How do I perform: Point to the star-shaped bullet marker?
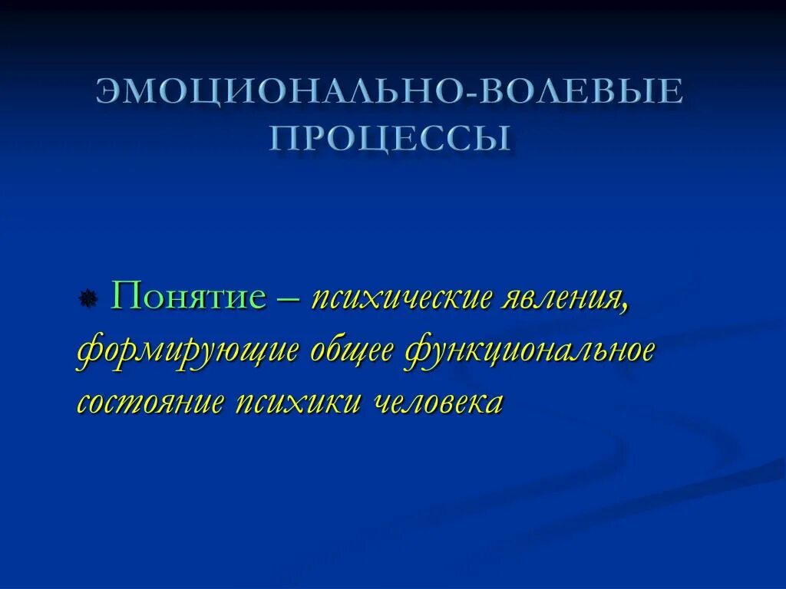(88, 298)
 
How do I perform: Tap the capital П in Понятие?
(124, 295)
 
